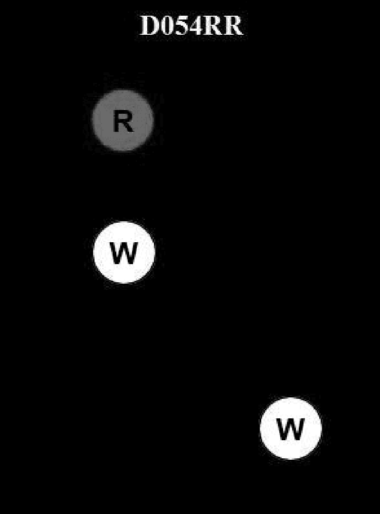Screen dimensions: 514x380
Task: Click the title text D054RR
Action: pyautogui.click(x=191, y=26)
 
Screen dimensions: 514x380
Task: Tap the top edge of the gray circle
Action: pyautogui.click(x=123, y=90)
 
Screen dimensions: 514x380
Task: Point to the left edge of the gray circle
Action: pyautogui.click(x=92, y=121)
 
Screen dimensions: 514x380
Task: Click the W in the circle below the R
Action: pyautogui.click(x=124, y=253)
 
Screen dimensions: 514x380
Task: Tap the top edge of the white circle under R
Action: pyautogui.click(x=124, y=222)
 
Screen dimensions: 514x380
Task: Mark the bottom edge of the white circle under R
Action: pyautogui.click(x=124, y=283)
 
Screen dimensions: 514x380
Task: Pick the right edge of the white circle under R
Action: pyautogui.click(x=155, y=253)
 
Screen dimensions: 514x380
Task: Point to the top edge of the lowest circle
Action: pyautogui.click(x=291, y=398)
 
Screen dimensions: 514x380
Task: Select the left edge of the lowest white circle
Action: pyautogui.click(x=260, y=429)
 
